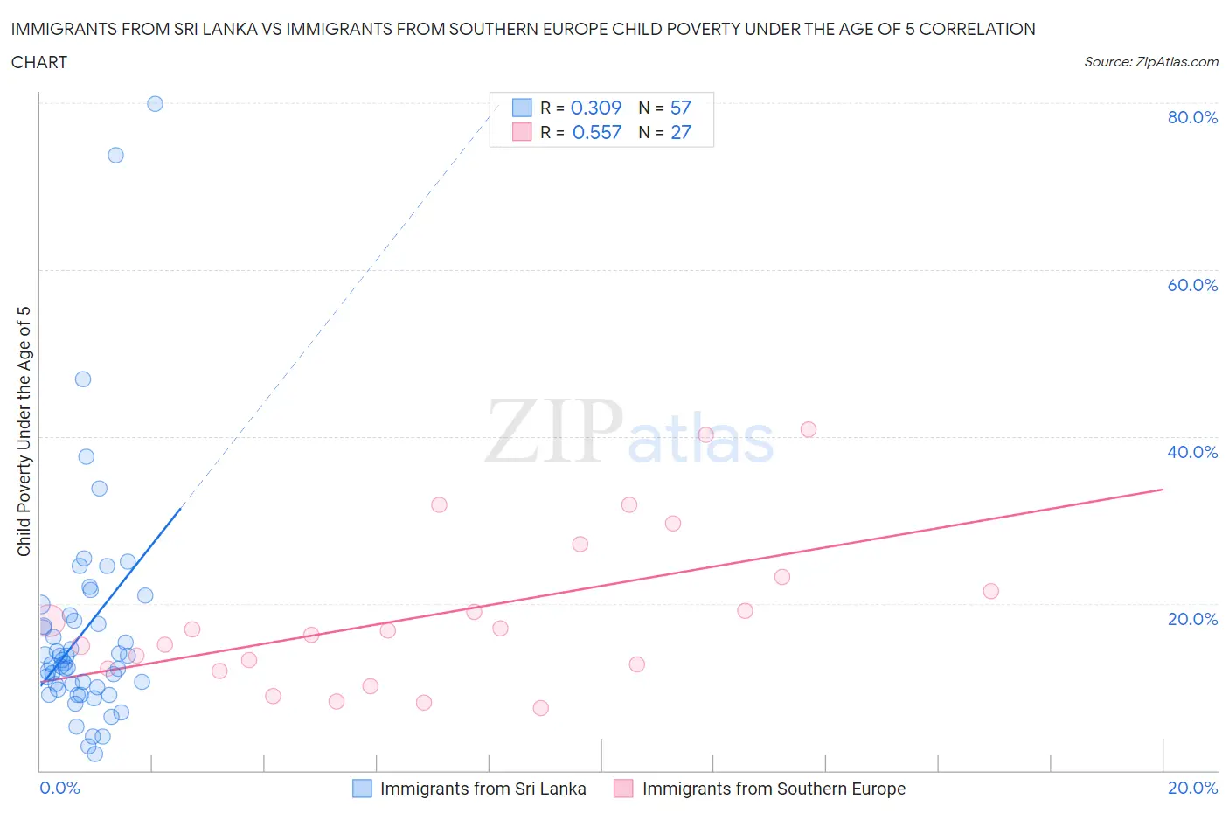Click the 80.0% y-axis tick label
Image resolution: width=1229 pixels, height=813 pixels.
[1192, 117]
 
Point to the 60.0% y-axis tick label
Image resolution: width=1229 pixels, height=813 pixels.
[1192, 285]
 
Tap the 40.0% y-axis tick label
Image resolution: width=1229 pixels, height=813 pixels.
[1192, 452]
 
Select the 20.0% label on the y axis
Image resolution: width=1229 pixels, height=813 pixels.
[1192, 619]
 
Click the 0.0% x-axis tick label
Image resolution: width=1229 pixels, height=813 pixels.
[59, 788]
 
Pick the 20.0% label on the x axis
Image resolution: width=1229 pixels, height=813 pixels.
[1192, 788]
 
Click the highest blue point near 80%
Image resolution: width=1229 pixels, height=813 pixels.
[155, 104]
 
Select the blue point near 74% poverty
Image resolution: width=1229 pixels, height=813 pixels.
[115, 156]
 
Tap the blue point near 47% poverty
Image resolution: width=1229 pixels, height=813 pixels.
[83, 379]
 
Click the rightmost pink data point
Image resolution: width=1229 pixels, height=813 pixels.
[990, 591]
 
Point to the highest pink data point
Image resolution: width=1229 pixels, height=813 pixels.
[809, 429]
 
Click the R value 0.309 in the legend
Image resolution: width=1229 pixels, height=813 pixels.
[596, 108]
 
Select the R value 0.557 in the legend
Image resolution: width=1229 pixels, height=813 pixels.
[597, 132]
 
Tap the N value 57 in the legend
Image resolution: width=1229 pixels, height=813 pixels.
[680, 108]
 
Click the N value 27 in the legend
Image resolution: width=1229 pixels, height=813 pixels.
[680, 132]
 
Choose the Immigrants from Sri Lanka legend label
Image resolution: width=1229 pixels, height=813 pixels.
[483, 789]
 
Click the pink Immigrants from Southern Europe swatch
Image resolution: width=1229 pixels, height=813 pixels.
[623, 789]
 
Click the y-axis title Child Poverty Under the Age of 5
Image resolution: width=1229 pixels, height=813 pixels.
[24, 431]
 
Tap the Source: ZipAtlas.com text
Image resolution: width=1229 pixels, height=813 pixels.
[1150, 62]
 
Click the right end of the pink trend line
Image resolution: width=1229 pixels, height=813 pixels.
[1163, 490]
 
